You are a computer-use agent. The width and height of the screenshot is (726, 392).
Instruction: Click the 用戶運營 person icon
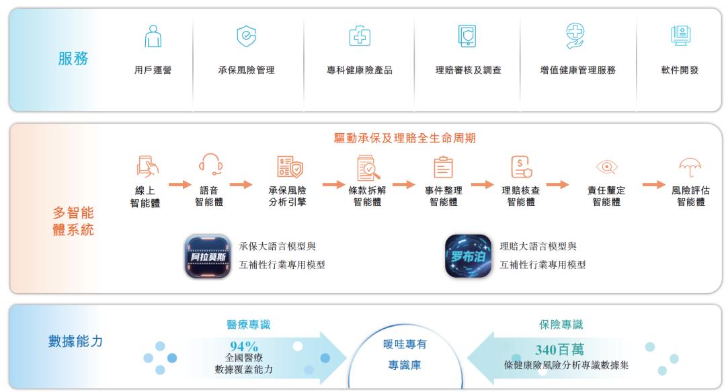(153, 36)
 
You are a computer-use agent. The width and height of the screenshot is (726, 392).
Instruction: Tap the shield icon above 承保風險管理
(246, 36)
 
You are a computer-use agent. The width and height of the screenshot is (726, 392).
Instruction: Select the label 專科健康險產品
(359, 70)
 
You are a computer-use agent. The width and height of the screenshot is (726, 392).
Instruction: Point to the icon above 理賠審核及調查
(467, 36)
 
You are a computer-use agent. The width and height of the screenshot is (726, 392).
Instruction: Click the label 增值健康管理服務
(578, 70)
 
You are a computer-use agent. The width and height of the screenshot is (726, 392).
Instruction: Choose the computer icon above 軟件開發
(680, 36)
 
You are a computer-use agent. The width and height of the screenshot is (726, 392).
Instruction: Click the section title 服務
(73, 58)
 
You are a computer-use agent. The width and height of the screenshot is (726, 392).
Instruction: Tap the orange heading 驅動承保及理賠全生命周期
(405, 138)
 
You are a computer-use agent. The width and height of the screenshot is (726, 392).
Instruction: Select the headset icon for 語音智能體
(211, 164)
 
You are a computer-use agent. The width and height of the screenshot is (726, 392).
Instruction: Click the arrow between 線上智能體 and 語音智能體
(179, 184)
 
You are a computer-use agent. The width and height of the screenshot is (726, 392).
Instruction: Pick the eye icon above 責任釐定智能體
(606, 167)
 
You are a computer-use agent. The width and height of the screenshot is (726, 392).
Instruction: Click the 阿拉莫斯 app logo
(208, 256)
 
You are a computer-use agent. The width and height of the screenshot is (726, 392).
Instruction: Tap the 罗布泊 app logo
(468, 256)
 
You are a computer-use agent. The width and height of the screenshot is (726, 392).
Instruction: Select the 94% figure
(244, 346)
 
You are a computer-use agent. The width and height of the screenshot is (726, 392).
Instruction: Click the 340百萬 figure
(559, 350)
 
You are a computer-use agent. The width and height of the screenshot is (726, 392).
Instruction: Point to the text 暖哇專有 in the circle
(405, 344)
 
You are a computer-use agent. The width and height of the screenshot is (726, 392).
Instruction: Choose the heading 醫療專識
(249, 324)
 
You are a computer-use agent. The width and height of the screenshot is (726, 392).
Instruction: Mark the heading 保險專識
(561, 324)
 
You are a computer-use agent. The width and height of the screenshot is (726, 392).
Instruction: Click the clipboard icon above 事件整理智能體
(443, 167)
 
